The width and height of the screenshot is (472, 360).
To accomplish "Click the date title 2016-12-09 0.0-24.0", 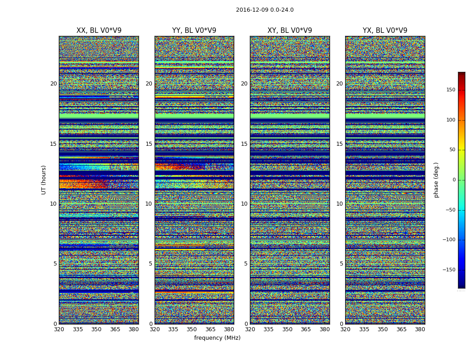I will [264, 10].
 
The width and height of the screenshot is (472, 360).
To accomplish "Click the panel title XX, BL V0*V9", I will [99, 31].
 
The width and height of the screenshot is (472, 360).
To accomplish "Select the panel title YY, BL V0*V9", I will [194, 31].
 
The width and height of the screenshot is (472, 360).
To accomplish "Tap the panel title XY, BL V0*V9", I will [289, 31].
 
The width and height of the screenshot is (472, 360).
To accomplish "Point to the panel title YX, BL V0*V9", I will [385, 31].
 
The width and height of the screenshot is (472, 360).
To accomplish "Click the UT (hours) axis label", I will [44, 180].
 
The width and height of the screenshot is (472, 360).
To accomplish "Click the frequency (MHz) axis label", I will [217, 338].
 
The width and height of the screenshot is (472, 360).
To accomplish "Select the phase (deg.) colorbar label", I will [436, 180].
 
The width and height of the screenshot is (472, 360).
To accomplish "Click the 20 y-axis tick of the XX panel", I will [53, 84].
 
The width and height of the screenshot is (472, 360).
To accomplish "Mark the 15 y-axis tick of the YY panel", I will [149, 144].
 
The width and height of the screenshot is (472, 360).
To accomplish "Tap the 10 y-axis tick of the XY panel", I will [244, 204].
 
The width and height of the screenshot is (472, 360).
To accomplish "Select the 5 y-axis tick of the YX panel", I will [341, 264].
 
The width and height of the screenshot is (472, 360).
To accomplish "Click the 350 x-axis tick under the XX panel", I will [96, 329].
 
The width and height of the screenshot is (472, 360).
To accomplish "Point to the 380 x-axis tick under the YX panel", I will [420, 329].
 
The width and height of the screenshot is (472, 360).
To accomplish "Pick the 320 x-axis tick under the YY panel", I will [155, 329].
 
